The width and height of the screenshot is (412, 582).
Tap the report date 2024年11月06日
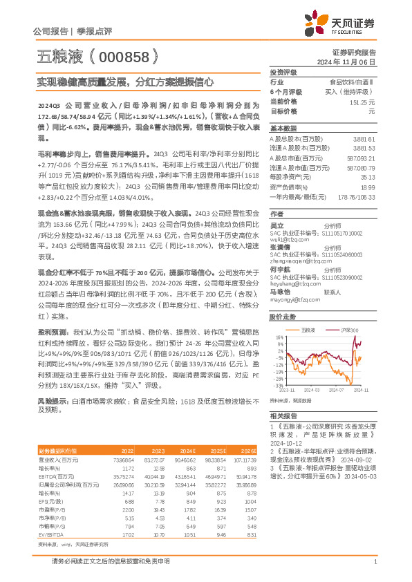point(351,62)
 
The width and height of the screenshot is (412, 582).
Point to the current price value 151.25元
point(364,102)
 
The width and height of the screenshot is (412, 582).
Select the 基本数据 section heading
point(283,129)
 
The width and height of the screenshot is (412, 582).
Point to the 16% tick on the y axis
point(279,337)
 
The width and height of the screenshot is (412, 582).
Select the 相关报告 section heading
point(283,415)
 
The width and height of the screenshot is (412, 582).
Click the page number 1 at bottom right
point(374,562)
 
